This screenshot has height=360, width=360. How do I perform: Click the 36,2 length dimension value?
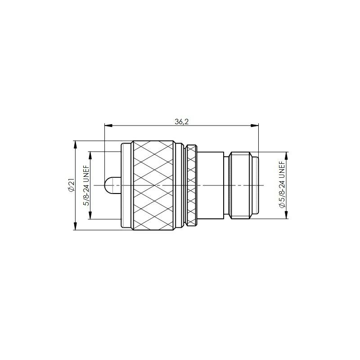point(181,121)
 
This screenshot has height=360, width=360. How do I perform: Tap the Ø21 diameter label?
point(71,185)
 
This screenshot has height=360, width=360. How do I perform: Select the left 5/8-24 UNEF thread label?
point(87,185)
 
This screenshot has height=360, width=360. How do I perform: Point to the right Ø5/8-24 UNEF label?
point(282,184)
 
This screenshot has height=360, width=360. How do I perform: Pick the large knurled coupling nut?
point(153,185)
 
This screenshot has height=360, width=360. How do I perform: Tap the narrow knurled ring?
point(192,185)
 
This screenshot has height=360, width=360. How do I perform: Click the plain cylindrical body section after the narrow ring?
point(210,185)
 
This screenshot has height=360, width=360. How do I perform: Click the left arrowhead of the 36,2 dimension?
point(108,126)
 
